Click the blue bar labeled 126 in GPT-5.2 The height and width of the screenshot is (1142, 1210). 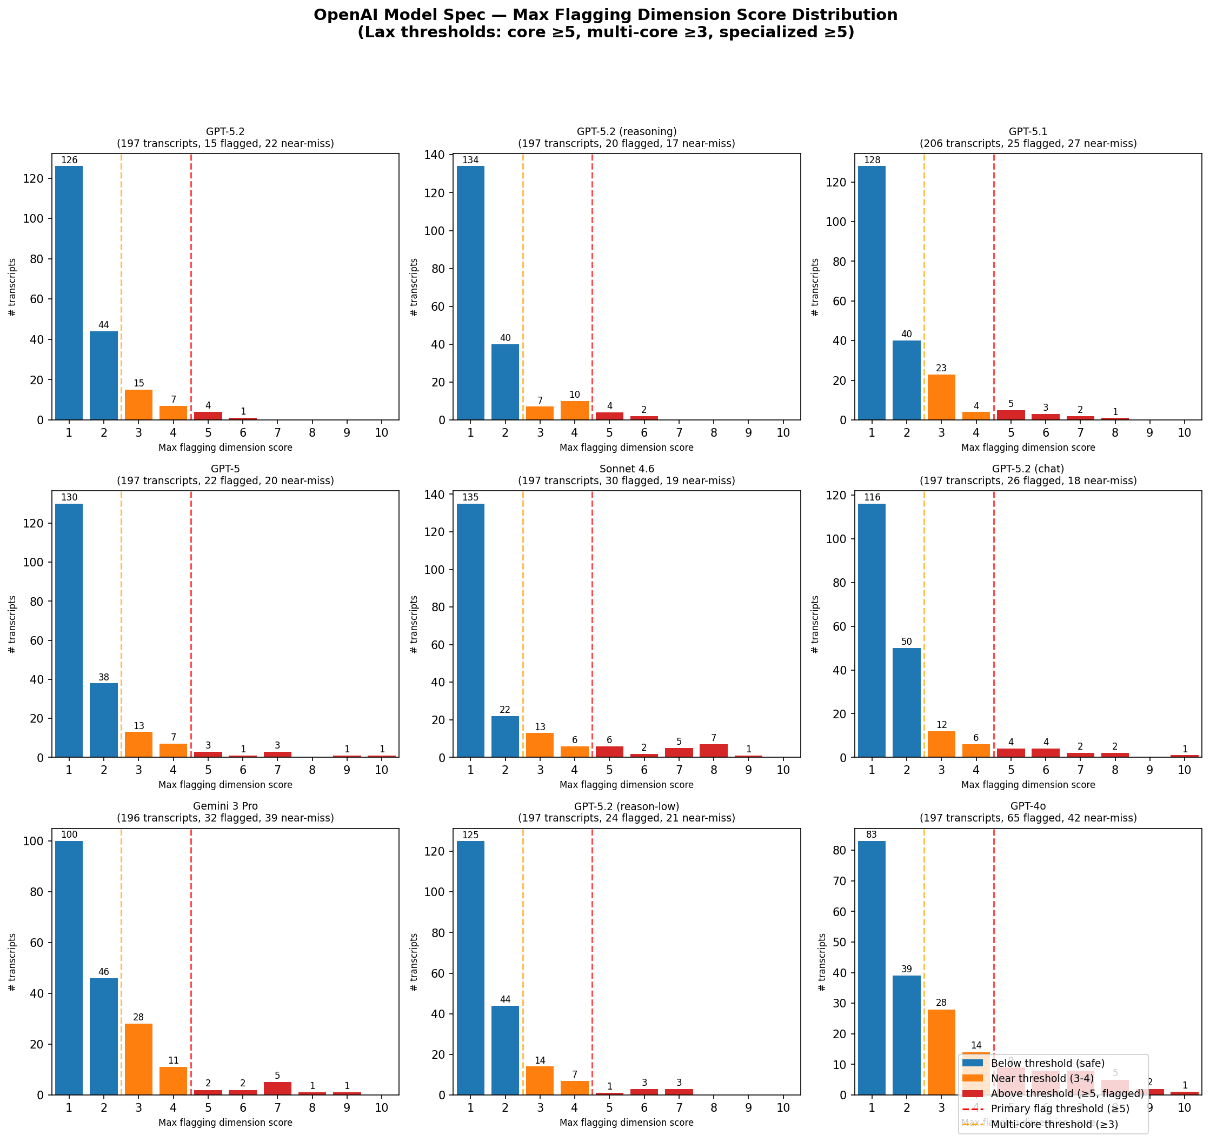pyautogui.click(x=69, y=292)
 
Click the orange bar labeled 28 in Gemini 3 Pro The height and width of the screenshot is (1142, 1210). pyautogui.click(x=138, y=1059)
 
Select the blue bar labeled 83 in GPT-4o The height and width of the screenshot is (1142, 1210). pyautogui.click(x=872, y=968)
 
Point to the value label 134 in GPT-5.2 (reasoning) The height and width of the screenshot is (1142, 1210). pyautogui.click(x=470, y=160)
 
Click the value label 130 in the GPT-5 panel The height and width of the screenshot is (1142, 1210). pyautogui.click(x=69, y=497)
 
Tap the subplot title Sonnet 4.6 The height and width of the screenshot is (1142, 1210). pyautogui.click(x=626, y=469)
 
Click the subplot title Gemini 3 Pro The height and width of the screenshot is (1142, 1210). pyautogui.click(x=225, y=806)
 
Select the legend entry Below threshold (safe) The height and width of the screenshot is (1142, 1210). pyautogui.click(x=1047, y=1063)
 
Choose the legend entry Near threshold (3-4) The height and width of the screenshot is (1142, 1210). pyautogui.click(x=1042, y=1078)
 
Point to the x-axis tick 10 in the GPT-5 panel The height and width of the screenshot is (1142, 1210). pyautogui.click(x=381, y=770)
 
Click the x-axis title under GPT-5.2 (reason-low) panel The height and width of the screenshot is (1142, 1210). pyautogui.click(x=626, y=1122)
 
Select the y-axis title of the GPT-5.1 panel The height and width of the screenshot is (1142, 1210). pyautogui.click(x=815, y=287)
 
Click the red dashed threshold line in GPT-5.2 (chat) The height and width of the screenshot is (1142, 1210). pyautogui.click(x=994, y=609)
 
